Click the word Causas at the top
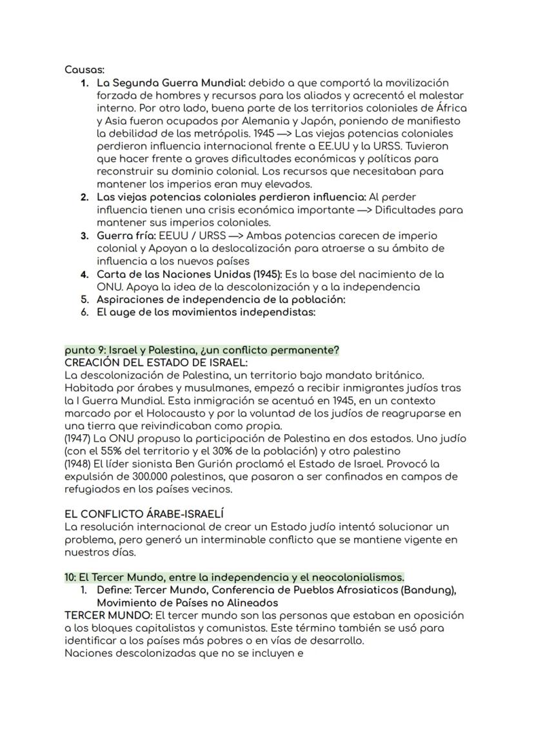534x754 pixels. point(84,70)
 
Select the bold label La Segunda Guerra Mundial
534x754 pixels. point(170,83)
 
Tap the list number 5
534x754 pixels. point(84,299)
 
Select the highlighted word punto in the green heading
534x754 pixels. point(79,350)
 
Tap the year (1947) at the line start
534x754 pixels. point(79,439)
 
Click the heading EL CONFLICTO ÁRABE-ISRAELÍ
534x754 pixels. point(144,515)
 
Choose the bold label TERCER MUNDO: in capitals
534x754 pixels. point(108,615)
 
